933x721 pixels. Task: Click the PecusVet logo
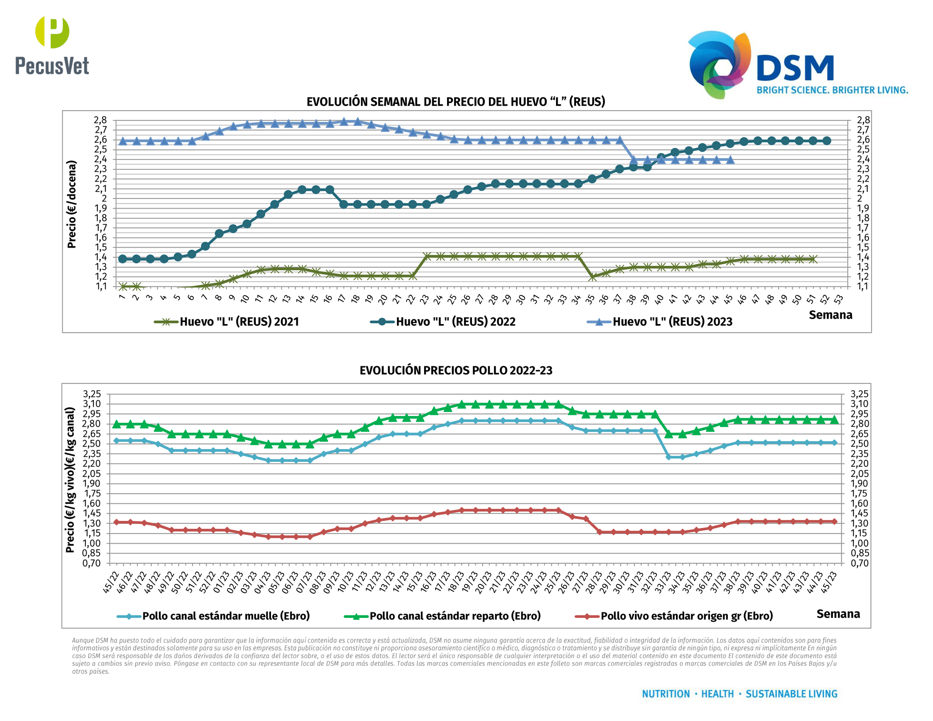(x=52, y=46)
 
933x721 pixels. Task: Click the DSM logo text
(x=795, y=68)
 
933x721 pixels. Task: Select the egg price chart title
(x=456, y=102)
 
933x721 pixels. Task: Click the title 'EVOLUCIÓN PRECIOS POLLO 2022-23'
(x=456, y=370)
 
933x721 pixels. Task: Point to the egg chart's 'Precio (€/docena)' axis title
(x=71, y=204)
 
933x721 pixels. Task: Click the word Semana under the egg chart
(x=830, y=315)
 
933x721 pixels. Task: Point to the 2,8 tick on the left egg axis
(x=101, y=120)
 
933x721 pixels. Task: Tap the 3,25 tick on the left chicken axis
(x=92, y=394)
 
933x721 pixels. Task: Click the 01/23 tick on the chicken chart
(x=221, y=582)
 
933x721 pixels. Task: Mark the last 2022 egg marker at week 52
(x=827, y=140)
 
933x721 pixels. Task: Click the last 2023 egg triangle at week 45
(x=730, y=160)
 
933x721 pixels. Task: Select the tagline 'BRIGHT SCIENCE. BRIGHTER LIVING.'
(x=832, y=90)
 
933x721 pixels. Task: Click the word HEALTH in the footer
(x=717, y=694)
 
